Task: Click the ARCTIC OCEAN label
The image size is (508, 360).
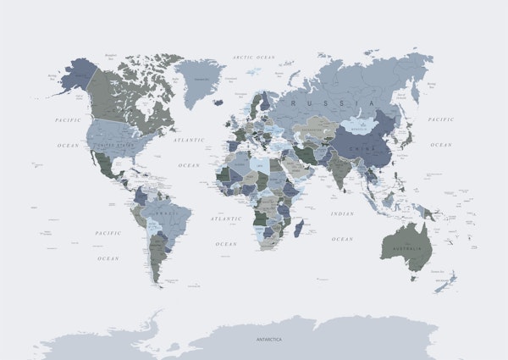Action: pos(254,57)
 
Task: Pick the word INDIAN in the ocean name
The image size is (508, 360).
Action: pos(342,213)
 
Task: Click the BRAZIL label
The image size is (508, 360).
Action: pos(166,213)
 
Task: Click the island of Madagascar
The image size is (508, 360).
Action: pos(298,227)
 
